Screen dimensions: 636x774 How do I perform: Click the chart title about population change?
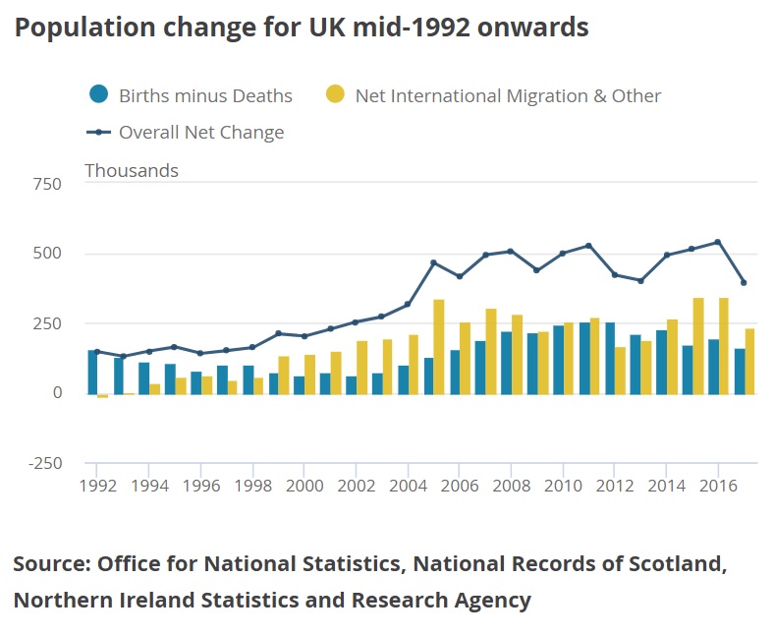302,28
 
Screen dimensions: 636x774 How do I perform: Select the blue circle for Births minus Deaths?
98,95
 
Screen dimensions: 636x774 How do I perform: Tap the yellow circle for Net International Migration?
336,95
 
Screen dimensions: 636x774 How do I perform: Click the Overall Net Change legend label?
201,133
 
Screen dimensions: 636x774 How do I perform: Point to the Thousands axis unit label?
132,171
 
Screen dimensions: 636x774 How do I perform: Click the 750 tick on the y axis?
46,184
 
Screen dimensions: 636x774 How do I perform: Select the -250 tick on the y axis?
43,464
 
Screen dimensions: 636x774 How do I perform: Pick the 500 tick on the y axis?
46,254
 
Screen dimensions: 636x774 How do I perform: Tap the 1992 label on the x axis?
96,485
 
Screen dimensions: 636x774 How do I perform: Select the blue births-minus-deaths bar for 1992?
91,372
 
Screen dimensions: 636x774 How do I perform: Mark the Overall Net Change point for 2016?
717,242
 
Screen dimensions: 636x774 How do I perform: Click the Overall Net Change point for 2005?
433,262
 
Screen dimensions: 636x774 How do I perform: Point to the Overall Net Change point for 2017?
744,283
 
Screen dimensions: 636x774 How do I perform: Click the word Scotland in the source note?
679,564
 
